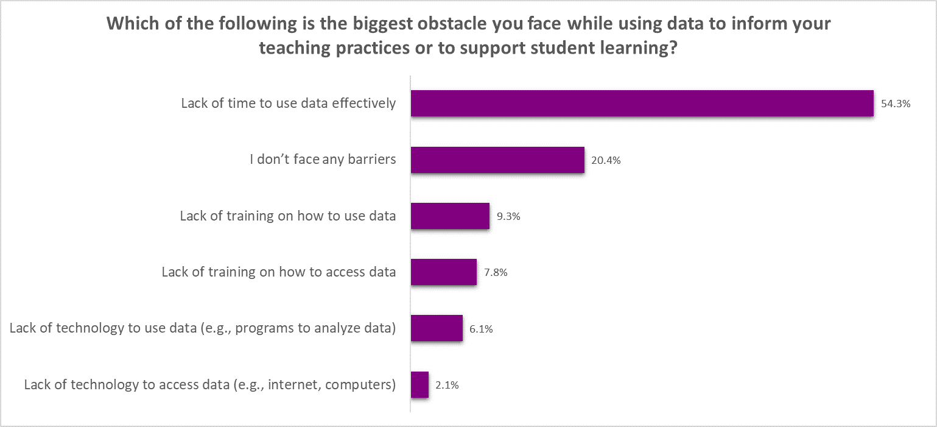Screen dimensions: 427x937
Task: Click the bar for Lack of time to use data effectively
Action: (x=642, y=103)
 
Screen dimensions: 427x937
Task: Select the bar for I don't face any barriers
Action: (x=497, y=160)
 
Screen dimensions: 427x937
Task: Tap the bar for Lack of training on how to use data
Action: (x=450, y=216)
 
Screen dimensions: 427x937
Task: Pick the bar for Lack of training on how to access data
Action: (x=443, y=272)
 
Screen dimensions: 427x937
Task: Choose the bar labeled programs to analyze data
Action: (x=437, y=328)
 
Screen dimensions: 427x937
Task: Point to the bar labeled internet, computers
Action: (x=419, y=384)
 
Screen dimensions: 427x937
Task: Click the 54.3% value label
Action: (x=895, y=104)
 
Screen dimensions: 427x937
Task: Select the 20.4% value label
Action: (x=606, y=160)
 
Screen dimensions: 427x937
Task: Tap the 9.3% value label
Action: (x=508, y=216)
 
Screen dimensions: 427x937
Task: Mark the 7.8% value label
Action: (x=495, y=272)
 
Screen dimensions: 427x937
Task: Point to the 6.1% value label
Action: (x=481, y=329)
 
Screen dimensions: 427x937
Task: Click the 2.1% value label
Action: (x=447, y=385)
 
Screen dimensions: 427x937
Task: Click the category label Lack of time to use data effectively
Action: (x=289, y=103)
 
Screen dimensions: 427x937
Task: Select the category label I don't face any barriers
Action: (x=323, y=160)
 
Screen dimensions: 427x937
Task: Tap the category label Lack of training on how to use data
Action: (x=288, y=216)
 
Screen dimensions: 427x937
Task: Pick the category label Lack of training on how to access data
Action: (x=279, y=272)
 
